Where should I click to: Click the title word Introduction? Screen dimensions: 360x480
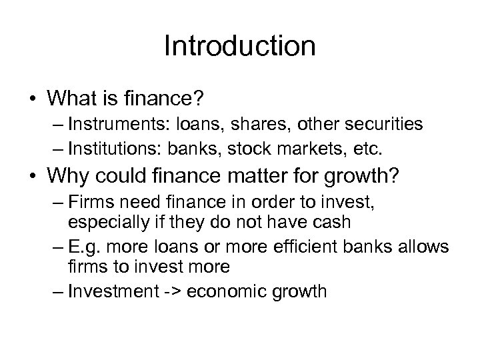239,47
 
